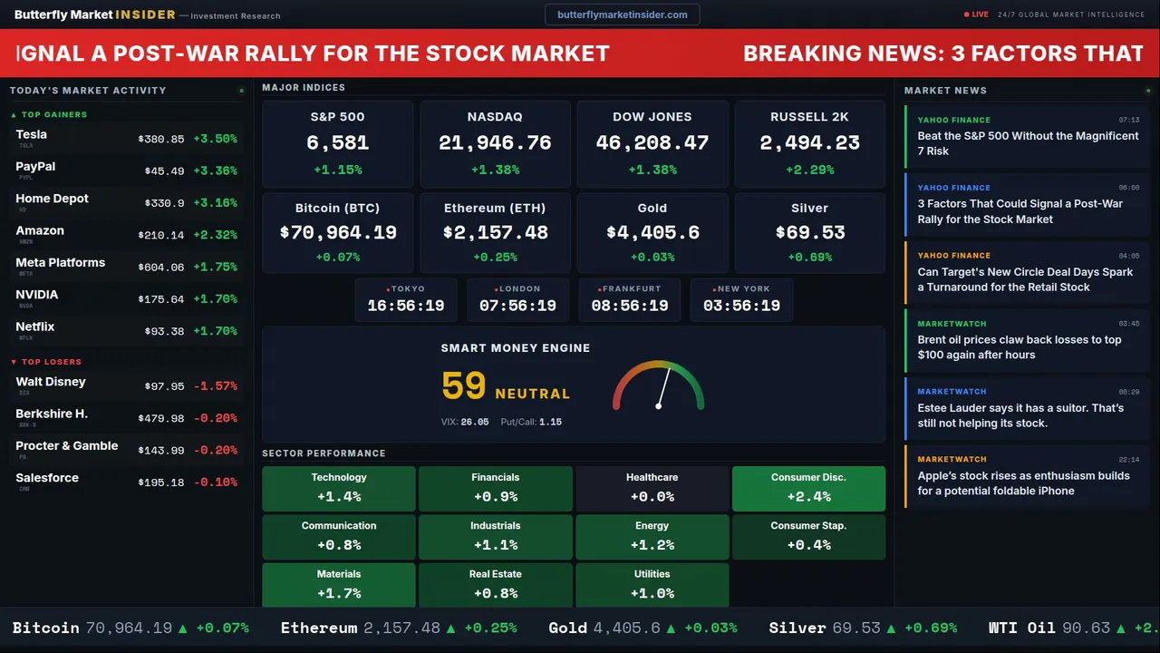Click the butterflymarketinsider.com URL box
622,15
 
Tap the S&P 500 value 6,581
337,142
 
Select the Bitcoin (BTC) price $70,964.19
338,232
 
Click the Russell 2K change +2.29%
809,170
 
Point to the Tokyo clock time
405,306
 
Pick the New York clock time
741,306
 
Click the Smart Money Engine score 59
464,386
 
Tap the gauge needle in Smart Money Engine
663,387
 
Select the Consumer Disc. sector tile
808,489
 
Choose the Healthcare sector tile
652,489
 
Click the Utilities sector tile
652,585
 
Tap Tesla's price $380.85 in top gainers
161,140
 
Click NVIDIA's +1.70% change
215,299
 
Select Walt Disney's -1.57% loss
215,386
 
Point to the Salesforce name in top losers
47,478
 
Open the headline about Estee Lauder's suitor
1020,415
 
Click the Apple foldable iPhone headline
1023,483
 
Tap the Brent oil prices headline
1019,347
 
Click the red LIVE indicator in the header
977,15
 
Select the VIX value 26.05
474,422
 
